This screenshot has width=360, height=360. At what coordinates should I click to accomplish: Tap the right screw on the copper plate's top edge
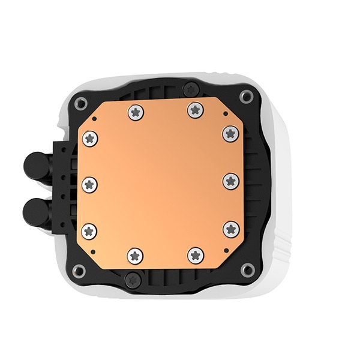tap(193, 109)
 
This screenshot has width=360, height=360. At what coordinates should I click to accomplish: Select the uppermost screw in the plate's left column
tap(90, 137)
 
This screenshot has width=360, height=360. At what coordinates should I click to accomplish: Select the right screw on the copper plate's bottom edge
tap(196, 256)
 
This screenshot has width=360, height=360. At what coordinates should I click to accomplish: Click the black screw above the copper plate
tap(190, 85)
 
